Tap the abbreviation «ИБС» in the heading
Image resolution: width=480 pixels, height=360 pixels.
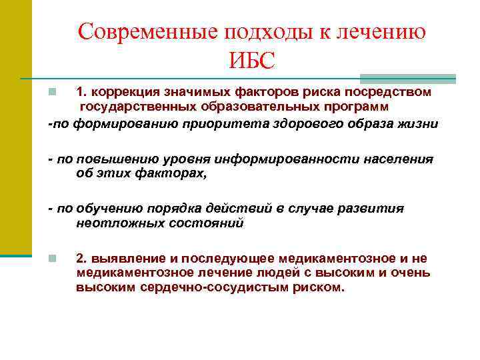coord(251,62)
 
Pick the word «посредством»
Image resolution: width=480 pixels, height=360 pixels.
coord(395,91)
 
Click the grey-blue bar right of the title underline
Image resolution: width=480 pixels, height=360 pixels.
coord(407,78)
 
